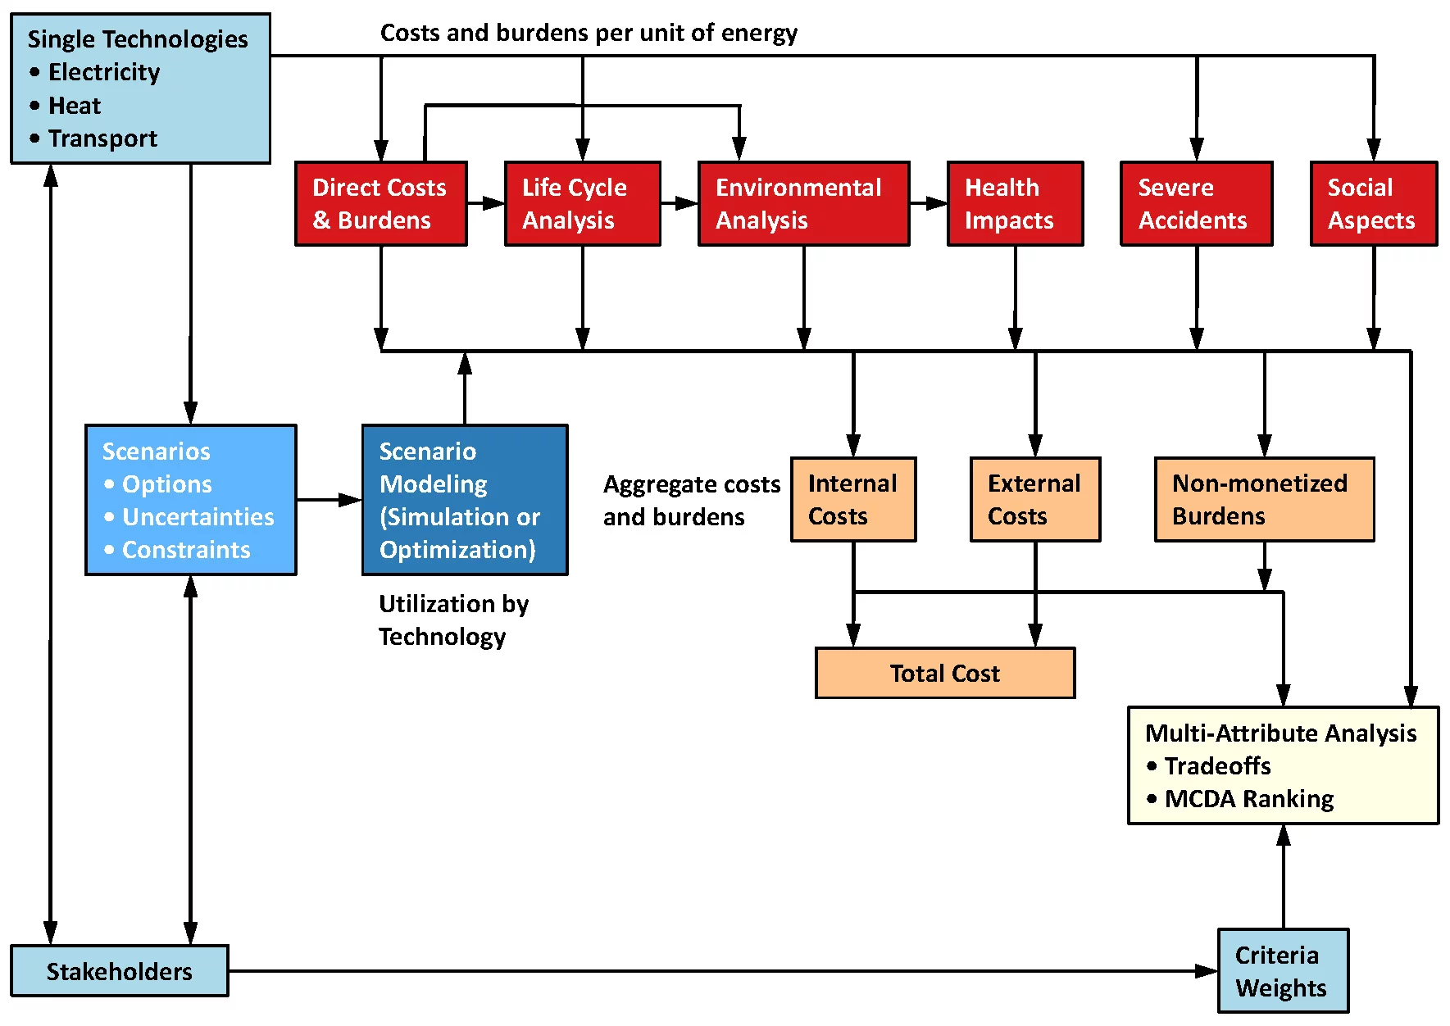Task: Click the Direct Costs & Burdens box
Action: coord(381,204)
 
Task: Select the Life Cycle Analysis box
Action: coord(583,204)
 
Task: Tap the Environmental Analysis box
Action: coord(803,204)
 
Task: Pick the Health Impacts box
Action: coord(1015,204)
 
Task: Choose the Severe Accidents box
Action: coord(1196,204)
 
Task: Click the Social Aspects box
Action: coord(1373,204)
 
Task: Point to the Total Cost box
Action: coord(944,673)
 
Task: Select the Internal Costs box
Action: coord(853,500)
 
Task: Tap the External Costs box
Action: coord(1034,500)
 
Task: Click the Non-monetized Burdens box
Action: coord(1264,500)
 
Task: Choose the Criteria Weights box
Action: coord(1283,971)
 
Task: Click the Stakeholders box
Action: coord(120,971)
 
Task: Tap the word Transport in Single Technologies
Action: coord(102,138)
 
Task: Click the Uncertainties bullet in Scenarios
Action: coord(198,517)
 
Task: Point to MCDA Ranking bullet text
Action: coord(1249,799)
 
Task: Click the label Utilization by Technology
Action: coord(453,620)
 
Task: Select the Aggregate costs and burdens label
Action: coord(690,501)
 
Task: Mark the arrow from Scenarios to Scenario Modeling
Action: coord(329,500)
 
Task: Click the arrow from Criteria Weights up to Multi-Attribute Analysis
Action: coord(1284,877)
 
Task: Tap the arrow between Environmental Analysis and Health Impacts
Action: coord(928,203)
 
